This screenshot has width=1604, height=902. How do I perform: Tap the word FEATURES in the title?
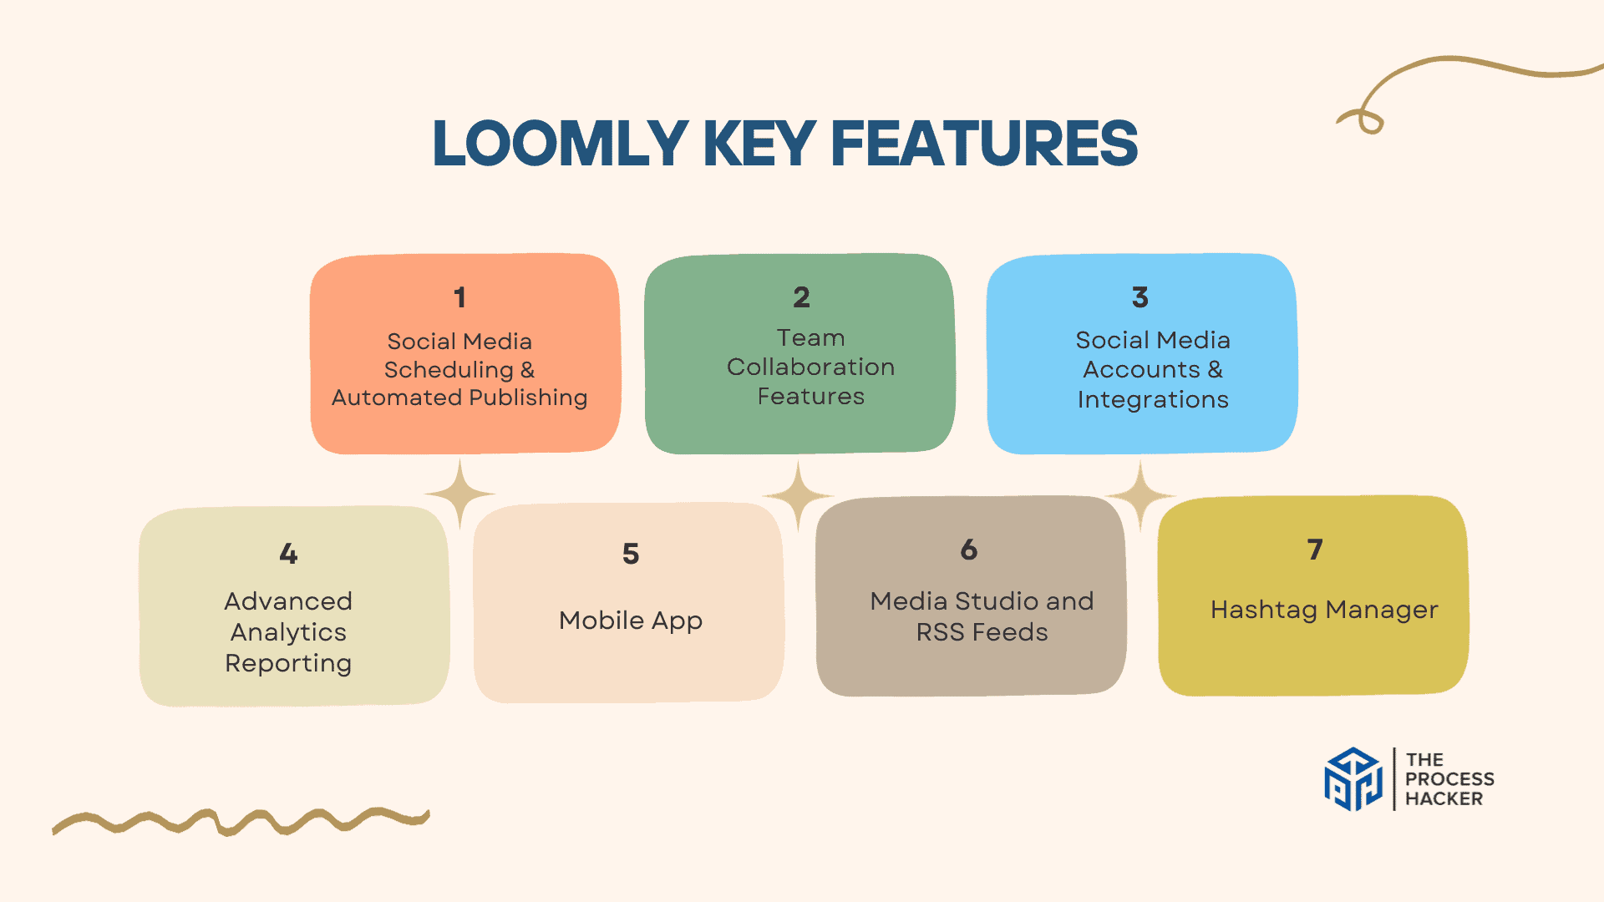pyautogui.click(x=984, y=144)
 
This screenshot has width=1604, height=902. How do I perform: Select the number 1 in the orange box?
pyautogui.click(x=459, y=297)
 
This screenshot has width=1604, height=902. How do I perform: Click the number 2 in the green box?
pyautogui.click(x=801, y=297)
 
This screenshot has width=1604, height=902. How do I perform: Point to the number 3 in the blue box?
pyautogui.click(x=1140, y=297)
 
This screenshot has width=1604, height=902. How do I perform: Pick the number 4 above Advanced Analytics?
pyautogui.click(x=288, y=554)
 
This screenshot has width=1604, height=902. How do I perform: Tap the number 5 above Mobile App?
pyautogui.click(x=631, y=554)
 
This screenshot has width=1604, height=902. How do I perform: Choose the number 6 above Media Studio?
pyautogui.click(x=969, y=550)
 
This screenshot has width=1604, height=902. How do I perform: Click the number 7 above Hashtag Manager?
pyautogui.click(x=1315, y=550)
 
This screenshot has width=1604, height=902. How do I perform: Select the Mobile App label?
pyautogui.click(x=631, y=621)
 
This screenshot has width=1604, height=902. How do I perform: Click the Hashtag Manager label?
pyautogui.click(x=1324, y=610)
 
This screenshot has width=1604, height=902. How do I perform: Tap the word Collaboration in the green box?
pyautogui.click(x=810, y=367)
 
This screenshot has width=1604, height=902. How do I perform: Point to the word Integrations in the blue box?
pyautogui.click(x=1153, y=399)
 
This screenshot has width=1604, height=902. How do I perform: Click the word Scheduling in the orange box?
pyautogui.click(x=449, y=369)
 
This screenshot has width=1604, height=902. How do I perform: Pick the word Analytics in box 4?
pyautogui.click(x=288, y=632)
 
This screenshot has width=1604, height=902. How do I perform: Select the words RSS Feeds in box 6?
pyautogui.click(x=982, y=632)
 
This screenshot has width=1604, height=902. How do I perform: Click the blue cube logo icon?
pyautogui.click(x=1353, y=778)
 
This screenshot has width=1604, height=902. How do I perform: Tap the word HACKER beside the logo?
pyautogui.click(x=1444, y=798)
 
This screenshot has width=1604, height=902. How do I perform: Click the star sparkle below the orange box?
pyautogui.click(x=459, y=494)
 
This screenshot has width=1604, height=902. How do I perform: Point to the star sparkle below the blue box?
pyautogui.click(x=1140, y=495)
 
